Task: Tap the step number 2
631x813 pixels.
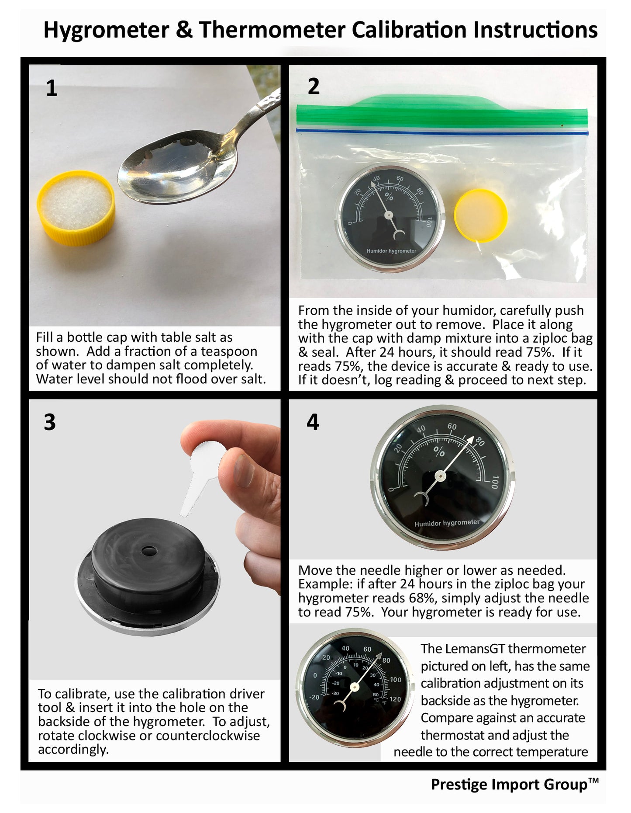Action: tap(314, 87)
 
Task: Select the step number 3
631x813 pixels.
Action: tap(50, 422)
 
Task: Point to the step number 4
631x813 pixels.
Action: tap(313, 422)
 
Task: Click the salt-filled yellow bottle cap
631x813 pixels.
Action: tap(76, 207)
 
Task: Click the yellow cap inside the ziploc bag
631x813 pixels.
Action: tap(480, 215)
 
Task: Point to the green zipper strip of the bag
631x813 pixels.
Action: tap(442, 111)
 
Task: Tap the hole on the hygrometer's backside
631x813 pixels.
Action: tap(148, 550)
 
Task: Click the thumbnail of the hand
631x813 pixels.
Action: tap(244, 471)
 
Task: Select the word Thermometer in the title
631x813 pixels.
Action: tap(272, 30)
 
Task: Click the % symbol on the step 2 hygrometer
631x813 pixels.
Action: tap(389, 197)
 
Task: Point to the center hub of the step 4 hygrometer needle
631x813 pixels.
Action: tap(441, 476)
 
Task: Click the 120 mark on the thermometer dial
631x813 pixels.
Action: tap(395, 699)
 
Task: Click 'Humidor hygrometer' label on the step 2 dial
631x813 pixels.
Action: tap(391, 251)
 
